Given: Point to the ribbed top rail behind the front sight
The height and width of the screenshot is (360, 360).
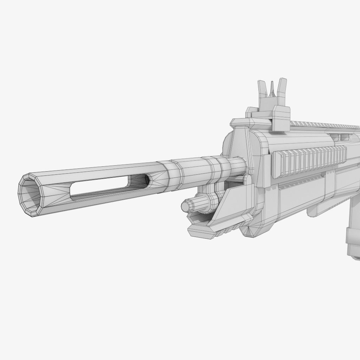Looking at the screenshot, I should click(x=323, y=124).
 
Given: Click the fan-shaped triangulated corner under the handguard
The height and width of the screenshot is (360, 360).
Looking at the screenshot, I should click(x=250, y=230).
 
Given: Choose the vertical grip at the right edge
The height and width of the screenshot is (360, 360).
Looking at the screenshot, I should click(x=353, y=243).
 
